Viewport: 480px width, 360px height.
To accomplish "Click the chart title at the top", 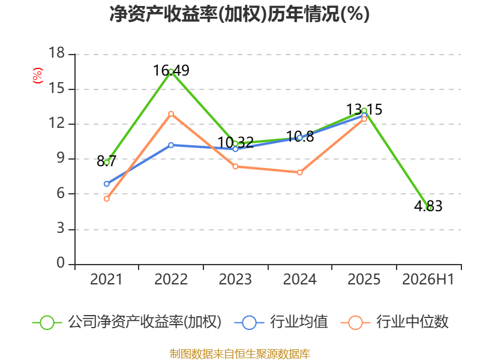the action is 239,14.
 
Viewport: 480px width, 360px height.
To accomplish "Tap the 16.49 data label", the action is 171,70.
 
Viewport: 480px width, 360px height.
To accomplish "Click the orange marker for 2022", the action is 171,114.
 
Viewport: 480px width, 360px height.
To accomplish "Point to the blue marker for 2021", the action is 107,184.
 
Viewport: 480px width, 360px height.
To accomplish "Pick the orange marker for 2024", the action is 299,172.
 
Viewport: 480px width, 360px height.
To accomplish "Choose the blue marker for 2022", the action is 171,145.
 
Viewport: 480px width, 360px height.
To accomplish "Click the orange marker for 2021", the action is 107,199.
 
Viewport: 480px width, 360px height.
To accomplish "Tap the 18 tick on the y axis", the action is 56,53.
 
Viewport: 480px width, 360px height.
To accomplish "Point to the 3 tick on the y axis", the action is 61,229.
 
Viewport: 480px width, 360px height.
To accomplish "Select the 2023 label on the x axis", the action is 235,280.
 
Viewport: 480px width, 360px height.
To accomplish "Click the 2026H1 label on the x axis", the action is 428,280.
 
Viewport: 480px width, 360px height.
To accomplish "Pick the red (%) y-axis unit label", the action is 38,76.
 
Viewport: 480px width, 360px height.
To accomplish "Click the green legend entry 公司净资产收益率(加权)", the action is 127,322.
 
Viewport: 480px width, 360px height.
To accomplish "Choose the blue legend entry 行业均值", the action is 281,322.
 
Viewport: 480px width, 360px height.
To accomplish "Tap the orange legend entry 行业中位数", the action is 395,322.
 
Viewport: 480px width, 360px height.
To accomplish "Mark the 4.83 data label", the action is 428,206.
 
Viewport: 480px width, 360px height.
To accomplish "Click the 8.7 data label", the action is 107,161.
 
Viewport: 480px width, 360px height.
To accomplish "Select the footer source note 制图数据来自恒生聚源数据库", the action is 240,354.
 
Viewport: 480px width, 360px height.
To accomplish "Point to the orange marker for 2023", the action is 235,167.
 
